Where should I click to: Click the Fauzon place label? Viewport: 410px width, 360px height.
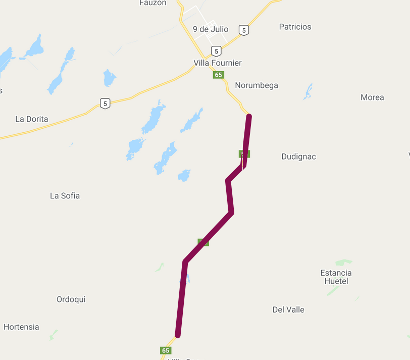pos(152,3)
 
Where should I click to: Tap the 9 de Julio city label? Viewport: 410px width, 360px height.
pos(211,29)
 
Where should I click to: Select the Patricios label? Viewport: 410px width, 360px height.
pos(295,27)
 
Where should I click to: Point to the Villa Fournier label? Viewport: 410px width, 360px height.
pos(218,63)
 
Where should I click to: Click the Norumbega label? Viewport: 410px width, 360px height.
pos(257,85)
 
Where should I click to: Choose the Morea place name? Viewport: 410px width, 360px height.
pos(372,97)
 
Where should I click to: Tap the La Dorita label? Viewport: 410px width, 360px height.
pos(32,119)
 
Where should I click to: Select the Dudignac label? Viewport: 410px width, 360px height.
pos(298,157)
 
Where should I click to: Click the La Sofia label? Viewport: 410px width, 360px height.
pos(65,195)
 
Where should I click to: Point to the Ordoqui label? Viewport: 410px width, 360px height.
pos(71,299)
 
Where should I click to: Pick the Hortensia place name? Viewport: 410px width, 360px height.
pos(21,327)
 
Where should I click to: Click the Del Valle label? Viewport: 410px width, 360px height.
pos(288,310)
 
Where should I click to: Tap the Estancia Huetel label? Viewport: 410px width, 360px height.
pos(336,277)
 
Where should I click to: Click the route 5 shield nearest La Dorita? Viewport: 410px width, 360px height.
pos(105,104)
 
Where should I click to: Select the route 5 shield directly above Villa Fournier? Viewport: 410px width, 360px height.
pos(216,51)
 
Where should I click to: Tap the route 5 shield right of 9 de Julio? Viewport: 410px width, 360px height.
pos(244,30)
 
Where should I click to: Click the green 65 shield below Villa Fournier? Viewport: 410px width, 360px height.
pos(218,75)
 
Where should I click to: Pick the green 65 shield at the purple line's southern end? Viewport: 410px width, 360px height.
pos(166,350)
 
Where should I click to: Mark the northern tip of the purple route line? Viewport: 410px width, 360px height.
pos(249,117)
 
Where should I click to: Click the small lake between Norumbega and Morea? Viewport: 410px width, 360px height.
pos(307,92)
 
